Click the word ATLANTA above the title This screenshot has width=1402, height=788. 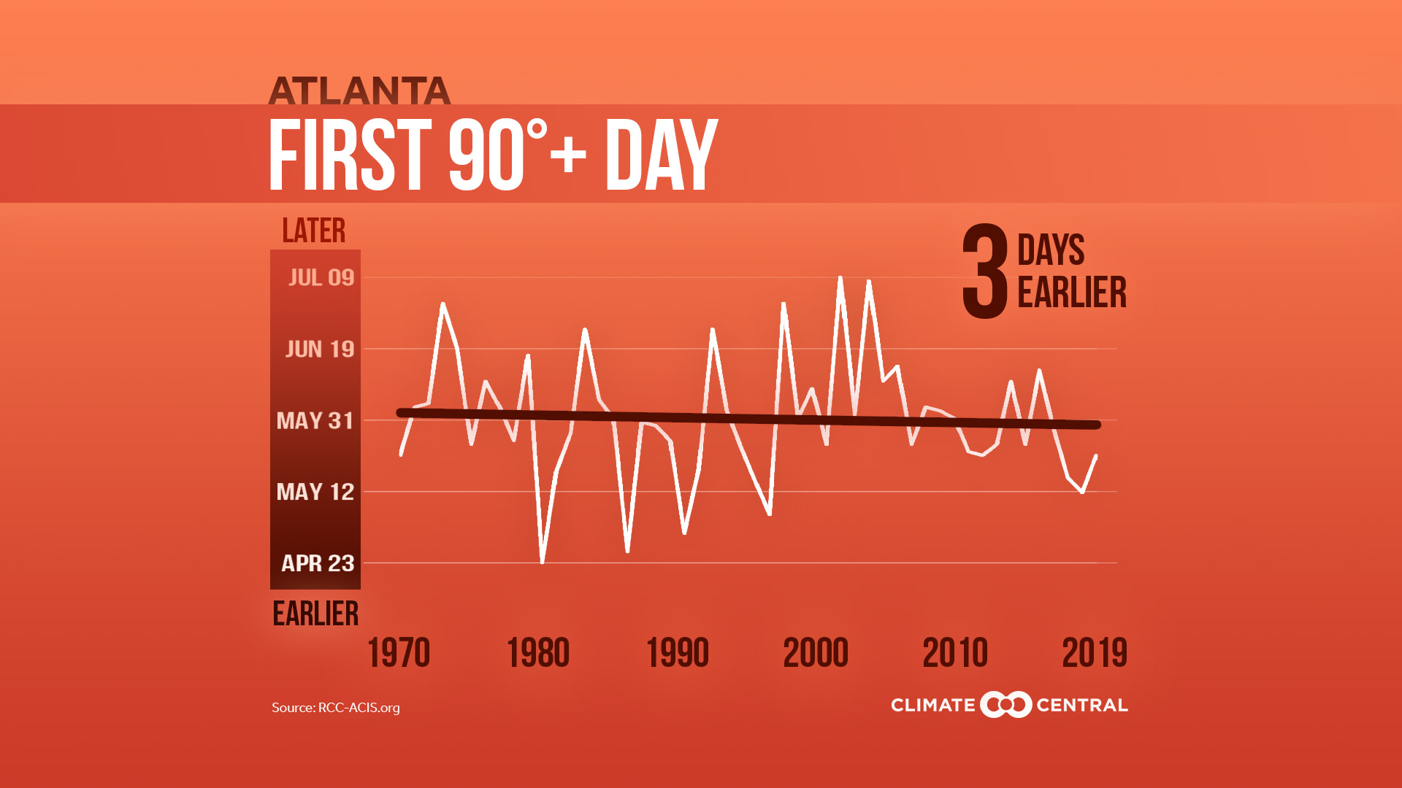pyautogui.click(x=359, y=91)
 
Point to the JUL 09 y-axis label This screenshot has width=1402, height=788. pyautogui.click(x=321, y=277)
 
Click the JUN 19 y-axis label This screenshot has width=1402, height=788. pyautogui.click(x=320, y=349)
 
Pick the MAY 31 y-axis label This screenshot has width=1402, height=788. pyautogui.click(x=315, y=420)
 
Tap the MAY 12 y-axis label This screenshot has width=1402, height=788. pyautogui.click(x=315, y=492)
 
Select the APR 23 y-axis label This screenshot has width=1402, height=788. pyautogui.click(x=318, y=563)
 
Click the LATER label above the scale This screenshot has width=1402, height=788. pyautogui.click(x=314, y=231)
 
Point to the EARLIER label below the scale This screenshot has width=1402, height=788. pyautogui.click(x=315, y=614)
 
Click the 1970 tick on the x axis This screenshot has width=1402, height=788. pyautogui.click(x=399, y=653)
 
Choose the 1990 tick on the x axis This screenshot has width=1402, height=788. pyautogui.click(x=678, y=653)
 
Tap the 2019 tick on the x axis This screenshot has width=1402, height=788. pyautogui.click(x=1095, y=653)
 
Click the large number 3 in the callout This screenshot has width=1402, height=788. pyautogui.click(x=985, y=272)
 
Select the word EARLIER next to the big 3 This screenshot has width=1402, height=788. pyautogui.click(x=1071, y=293)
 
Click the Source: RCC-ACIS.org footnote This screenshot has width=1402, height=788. pyautogui.click(x=336, y=708)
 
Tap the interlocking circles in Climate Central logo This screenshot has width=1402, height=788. pyautogui.click(x=1005, y=705)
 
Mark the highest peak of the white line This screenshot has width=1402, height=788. pyautogui.click(x=840, y=278)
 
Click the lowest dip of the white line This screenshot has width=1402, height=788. pyautogui.click(x=543, y=562)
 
